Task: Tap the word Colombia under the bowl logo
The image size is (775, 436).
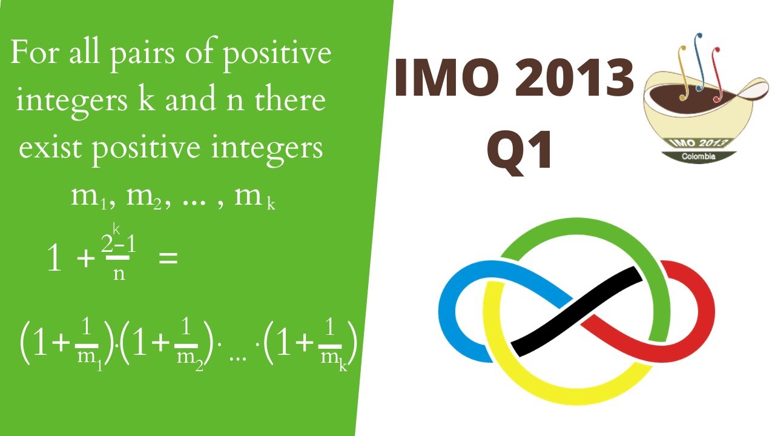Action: coord(698,157)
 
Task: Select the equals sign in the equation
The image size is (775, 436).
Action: coord(168,259)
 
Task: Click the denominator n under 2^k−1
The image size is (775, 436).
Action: coord(119,273)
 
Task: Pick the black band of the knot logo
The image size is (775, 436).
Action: coord(575,312)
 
